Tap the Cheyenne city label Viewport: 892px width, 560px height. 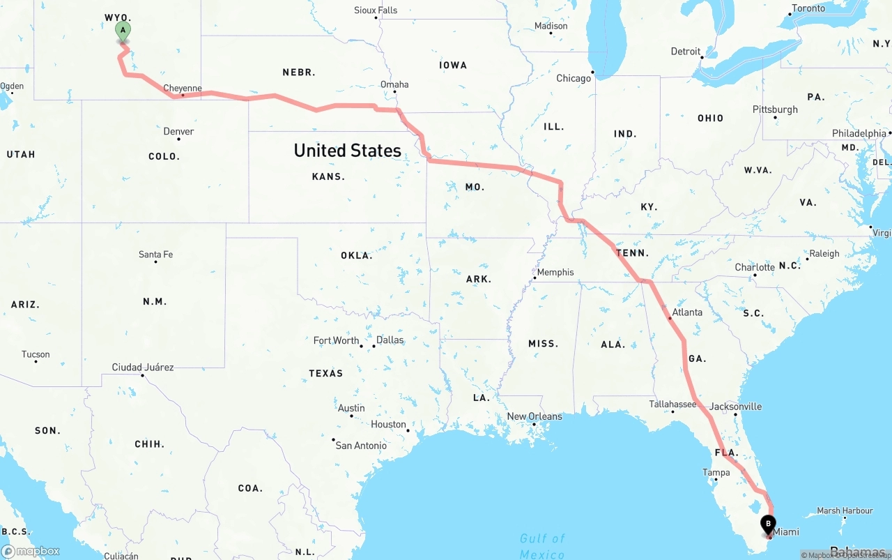[183, 89]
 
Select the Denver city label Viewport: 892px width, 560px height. [178, 131]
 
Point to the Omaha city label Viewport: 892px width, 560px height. [394, 84]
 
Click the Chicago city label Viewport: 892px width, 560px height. [574, 78]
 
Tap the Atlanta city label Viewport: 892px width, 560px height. [687, 312]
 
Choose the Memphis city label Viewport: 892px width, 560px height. [555, 272]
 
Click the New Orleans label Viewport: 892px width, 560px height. [535, 416]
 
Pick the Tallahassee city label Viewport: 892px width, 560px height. [672, 404]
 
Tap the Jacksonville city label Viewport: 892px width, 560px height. [735, 406]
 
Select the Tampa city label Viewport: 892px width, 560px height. [716, 472]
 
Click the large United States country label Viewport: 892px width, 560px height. [347, 150]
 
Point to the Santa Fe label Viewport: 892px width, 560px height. [155, 255]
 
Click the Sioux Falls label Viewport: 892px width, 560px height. [376, 10]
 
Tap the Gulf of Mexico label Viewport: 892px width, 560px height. [542, 545]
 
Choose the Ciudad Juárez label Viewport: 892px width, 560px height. [143, 367]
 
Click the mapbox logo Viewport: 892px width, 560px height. [31, 551]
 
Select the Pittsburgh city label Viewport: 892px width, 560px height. [775, 109]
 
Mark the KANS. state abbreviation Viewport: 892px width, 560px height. [328, 176]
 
